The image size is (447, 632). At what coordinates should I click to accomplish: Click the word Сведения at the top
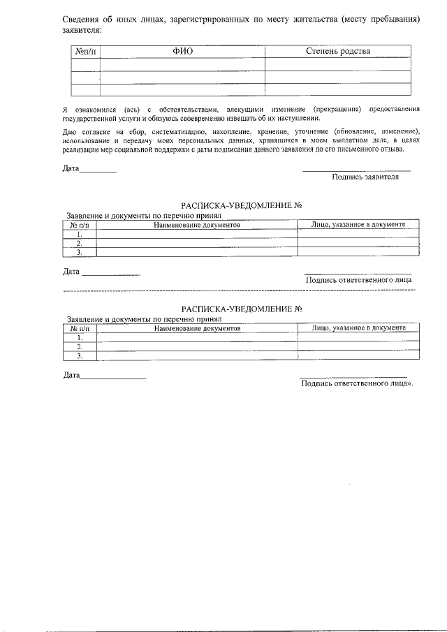point(82,18)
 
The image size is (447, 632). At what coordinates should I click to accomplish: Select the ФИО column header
point(182,51)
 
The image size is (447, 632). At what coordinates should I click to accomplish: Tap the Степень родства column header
point(338,51)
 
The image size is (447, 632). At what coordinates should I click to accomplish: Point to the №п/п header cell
point(86,51)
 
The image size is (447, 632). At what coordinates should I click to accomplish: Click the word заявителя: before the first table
point(82,31)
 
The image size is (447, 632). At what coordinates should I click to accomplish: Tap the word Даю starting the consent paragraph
point(69,132)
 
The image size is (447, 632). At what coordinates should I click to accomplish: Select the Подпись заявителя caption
point(365,177)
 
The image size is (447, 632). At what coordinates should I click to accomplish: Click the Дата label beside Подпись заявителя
point(71,169)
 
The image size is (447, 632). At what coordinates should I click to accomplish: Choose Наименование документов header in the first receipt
point(197,226)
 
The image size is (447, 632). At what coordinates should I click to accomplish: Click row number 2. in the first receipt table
point(80,244)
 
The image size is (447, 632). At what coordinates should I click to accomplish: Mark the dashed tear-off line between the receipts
point(237,290)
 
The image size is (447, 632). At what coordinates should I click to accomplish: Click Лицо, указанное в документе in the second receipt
point(358,328)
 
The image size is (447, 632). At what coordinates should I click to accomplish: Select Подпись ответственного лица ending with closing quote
point(357,383)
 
